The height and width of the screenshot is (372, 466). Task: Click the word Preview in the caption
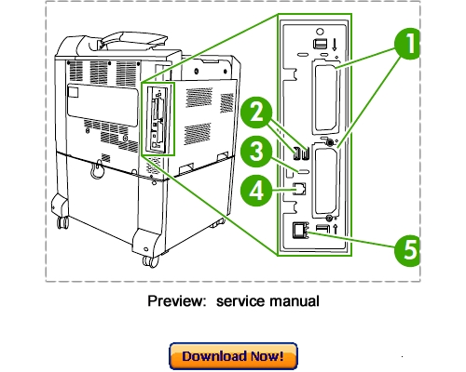tap(177, 301)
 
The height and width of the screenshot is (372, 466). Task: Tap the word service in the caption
tap(244, 301)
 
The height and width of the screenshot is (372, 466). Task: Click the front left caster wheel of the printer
tap(63, 221)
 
